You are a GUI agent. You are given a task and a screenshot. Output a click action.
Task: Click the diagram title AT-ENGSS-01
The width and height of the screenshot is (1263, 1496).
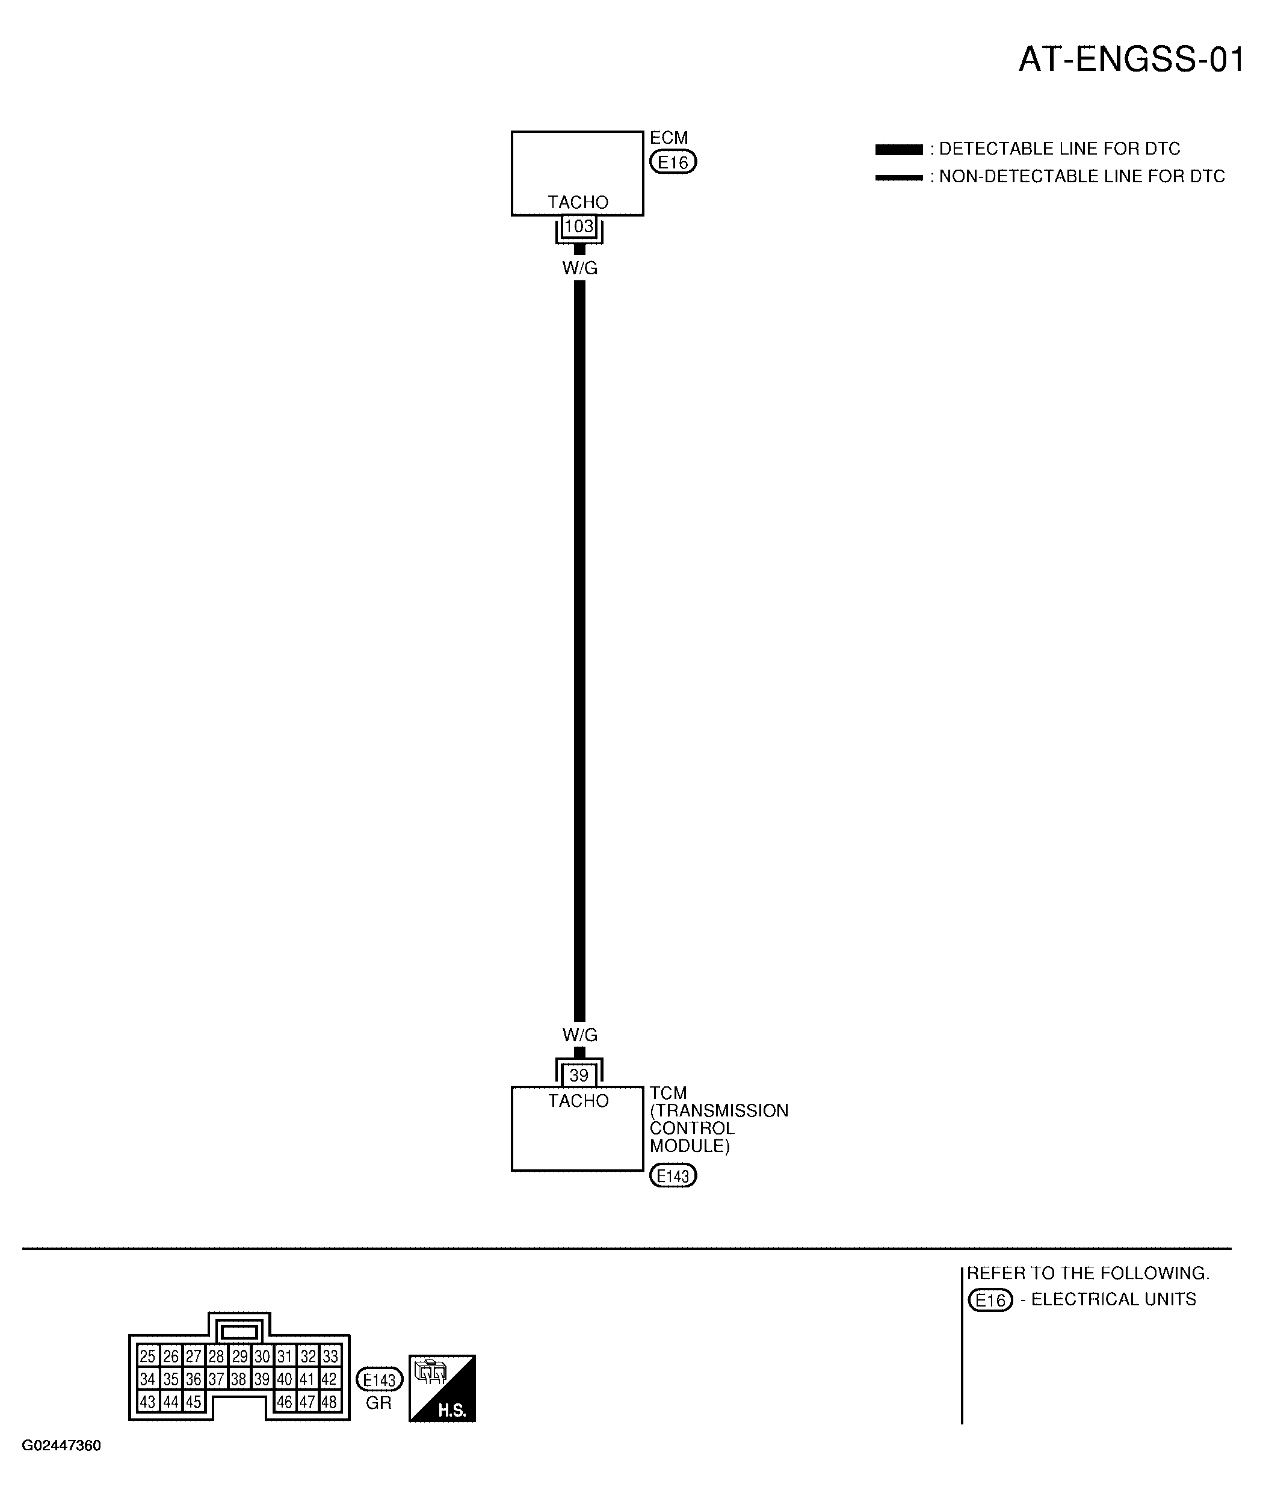[x=1131, y=60]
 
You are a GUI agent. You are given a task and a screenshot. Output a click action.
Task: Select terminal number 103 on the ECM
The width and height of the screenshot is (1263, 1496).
[x=579, y=226]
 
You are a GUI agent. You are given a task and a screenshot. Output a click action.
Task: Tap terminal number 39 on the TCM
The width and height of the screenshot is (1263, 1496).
[x=579, y=1075]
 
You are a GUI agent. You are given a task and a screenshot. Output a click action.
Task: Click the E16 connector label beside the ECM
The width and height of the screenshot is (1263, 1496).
[x=673, y=162]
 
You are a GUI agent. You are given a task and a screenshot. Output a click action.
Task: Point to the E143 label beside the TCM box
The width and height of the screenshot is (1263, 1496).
[x=673, y=1175]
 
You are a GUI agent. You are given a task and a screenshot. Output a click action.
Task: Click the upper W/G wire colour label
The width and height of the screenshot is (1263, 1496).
[x=580, y=268]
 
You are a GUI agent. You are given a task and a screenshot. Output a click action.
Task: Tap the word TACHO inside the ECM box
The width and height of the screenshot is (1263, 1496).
[x=578, y=203]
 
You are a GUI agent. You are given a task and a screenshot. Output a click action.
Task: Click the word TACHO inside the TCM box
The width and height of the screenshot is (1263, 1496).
[x=578, y=1100]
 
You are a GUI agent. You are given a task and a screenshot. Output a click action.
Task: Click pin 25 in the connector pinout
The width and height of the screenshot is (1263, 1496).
[x=147, y=1356]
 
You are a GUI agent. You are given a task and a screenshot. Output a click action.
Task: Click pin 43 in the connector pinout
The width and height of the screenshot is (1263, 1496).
[x=147, y=1402]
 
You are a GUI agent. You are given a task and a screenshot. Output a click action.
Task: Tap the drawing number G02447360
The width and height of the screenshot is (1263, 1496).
[x=61, y=1445]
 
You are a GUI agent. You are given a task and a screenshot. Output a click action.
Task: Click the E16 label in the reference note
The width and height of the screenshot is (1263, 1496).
[x=990, y=1299]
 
